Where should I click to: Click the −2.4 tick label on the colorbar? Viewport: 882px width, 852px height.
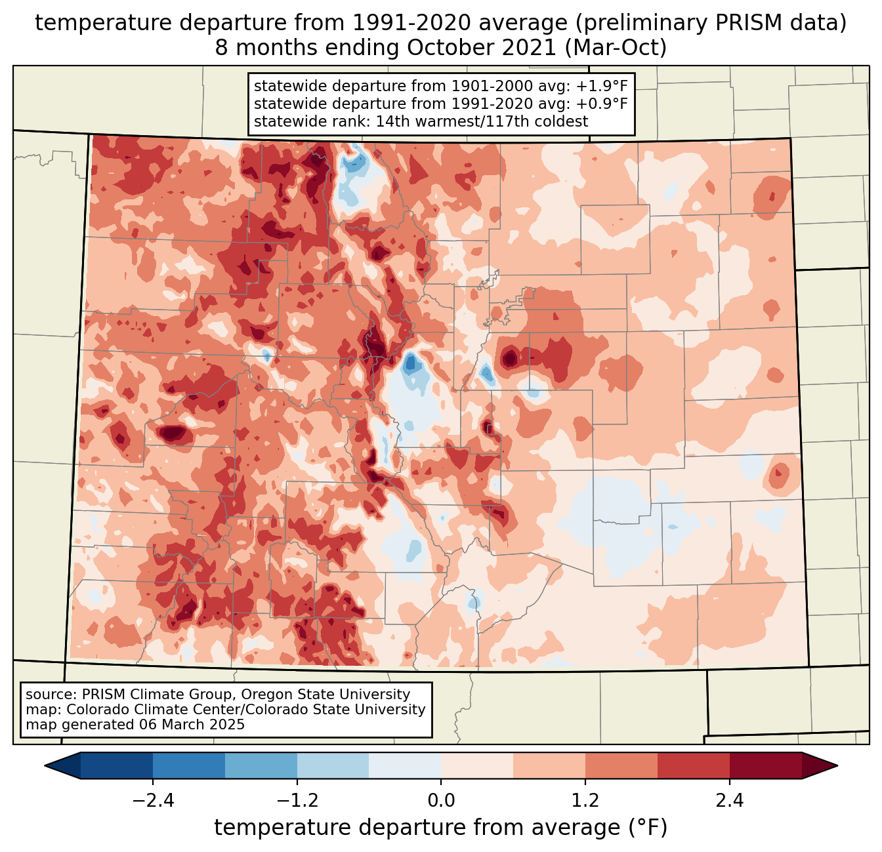[x=152, y=801]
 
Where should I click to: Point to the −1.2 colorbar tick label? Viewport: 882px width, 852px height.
[x=297, y=801]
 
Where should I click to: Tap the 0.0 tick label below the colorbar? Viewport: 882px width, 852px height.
[x=441, y=801]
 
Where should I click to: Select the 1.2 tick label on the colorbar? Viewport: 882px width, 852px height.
[x=585, y=801]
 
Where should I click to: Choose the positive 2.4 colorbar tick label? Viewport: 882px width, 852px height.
[x=730, y=801]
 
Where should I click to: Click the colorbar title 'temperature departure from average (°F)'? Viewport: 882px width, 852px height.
[x=441, y=828]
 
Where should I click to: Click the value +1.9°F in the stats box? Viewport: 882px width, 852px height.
[x=602, y=87]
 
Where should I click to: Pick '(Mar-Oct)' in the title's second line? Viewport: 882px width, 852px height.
[x=616, y=48]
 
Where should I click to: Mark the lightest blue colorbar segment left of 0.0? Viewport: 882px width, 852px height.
[x=405, y=765]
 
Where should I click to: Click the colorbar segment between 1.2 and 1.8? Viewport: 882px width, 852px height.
[x=621, y=765]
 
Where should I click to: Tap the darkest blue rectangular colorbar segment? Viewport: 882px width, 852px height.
[x=117, y=765]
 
